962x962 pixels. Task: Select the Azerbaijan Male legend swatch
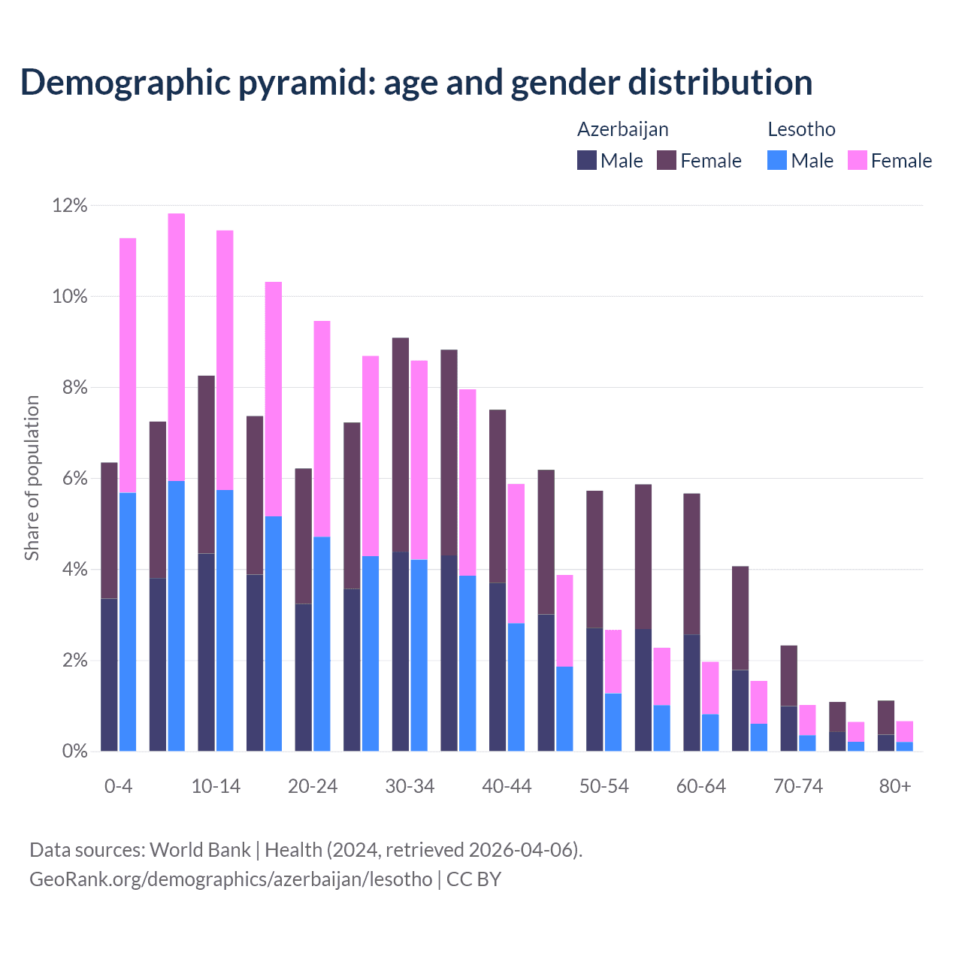(587, 160)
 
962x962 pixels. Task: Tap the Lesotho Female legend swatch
(858, 160)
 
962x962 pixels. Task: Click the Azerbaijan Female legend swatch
(667, 160)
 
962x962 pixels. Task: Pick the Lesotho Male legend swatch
(777, 160)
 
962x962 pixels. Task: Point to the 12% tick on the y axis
(70, 205)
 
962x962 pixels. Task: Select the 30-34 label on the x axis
(410, 786)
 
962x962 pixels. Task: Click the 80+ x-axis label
(895, 786)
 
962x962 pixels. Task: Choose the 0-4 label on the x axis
(118, 786)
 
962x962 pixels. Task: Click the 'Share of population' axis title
(32, 478)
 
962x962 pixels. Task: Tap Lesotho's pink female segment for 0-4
(128, 365)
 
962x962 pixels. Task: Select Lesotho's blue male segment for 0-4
(128, 622)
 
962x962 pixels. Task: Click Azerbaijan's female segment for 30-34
(401, 445)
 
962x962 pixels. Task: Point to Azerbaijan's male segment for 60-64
(691, 693)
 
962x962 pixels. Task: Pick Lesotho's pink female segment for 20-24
(322, 428)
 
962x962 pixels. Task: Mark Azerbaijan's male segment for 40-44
(498, 667)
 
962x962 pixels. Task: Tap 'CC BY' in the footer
(473, 879)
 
